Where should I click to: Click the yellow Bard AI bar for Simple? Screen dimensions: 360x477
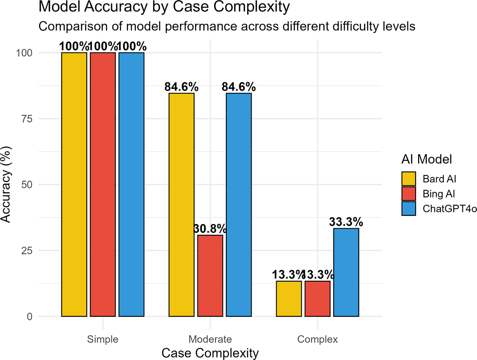coord(74,184)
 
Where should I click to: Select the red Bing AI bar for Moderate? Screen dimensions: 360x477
coord(210,276)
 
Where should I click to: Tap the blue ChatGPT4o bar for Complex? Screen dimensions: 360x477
coord(346,272)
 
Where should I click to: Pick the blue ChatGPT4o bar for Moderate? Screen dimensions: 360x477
coord(239,204)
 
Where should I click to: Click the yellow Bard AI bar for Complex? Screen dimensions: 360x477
coord(289,299)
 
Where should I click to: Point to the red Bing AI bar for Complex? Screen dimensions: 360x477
coord(317,299)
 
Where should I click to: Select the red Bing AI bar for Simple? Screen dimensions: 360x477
coord(103,184)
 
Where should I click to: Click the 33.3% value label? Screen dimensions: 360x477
coord(346,222)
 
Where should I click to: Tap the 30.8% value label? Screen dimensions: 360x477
coord(210,229)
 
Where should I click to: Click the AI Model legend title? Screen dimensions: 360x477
coord(427,160)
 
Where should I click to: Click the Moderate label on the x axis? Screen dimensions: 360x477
coord(210,339)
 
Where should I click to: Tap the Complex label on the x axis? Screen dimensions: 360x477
coord(317,339)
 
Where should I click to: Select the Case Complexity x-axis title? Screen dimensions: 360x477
coord(210,353)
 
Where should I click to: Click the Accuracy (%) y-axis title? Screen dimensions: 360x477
coord(7,184)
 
